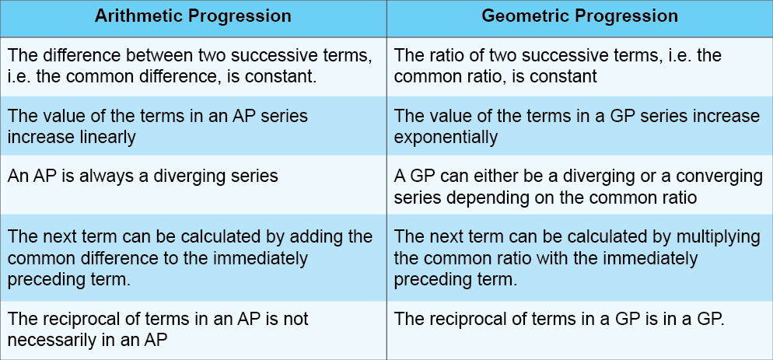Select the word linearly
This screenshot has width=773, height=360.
pyautogui.click(x=106, y=138)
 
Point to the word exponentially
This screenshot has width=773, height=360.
pyautogui.click(x=446, y=138)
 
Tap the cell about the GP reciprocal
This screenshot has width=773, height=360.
pyautogui.click(x=579, y=329)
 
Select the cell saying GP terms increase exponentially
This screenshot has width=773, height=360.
pyautogui.click(x=579, y=127)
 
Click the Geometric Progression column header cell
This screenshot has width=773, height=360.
pyautogui.click(x=579, y=17)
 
